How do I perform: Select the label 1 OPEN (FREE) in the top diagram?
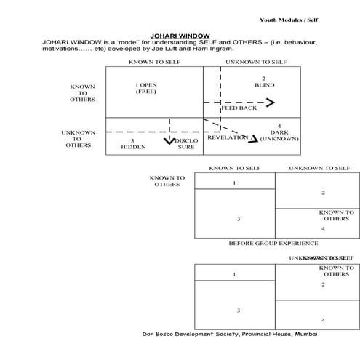click(x=146, y=89)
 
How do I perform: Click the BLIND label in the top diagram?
click(x=264, y=85)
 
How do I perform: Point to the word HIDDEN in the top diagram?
click(x=133, y=146)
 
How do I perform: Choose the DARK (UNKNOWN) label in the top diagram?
click(x=279, y=135)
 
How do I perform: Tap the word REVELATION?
click(x=227, y=137)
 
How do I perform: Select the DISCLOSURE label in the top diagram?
click(x=187, y=143)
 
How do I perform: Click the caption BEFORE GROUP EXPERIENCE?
click(x=273, y=243)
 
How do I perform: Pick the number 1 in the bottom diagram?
click(x=234, y=274)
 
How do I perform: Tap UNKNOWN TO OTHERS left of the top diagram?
click(x=78, y=139)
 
